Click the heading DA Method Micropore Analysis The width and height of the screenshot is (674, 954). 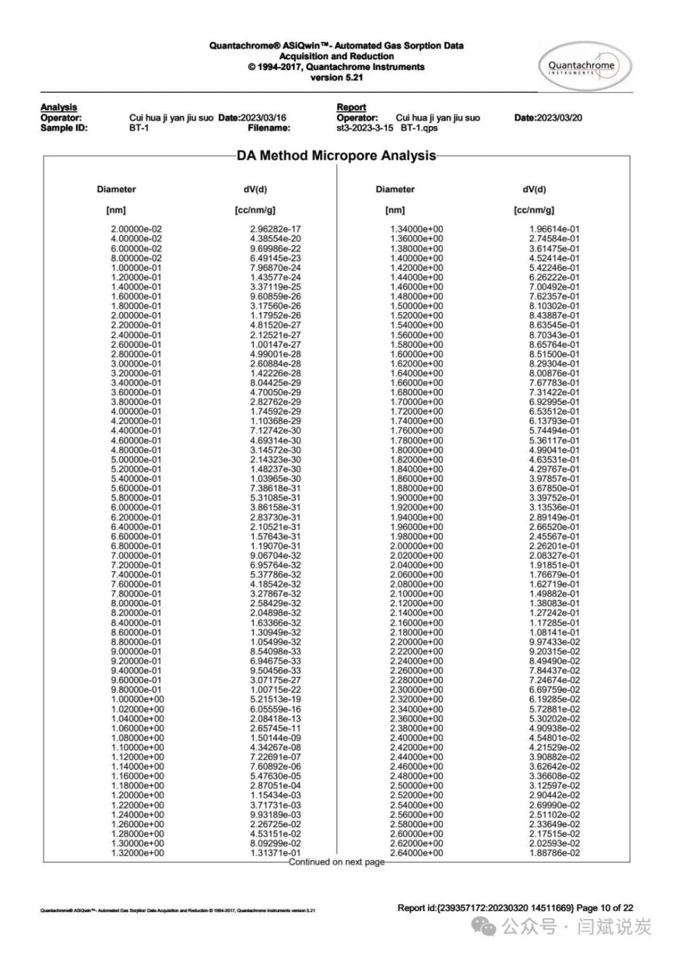(336, 156)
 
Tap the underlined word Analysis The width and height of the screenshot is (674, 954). (59, 107)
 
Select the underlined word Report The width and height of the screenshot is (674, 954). (351, 107)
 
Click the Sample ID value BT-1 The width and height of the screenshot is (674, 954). (139, 127)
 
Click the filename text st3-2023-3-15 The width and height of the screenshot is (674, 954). (365, 127)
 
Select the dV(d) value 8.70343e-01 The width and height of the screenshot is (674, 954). (554, 335)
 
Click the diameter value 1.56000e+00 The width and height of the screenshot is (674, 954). (417, 335)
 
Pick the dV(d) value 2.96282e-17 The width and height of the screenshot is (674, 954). (275, 229)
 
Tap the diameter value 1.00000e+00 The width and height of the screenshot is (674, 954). (137, 700)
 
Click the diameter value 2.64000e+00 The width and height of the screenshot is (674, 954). (417, 853)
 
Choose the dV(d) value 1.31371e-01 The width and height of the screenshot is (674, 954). (275, 853)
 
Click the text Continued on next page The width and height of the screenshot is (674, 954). (336, 862)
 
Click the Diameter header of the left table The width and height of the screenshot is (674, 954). (116, 189)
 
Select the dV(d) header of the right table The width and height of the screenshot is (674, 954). (534, 189)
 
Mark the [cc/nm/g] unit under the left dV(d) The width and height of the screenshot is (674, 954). (255, 210)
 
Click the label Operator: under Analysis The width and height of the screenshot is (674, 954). (61, 118)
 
